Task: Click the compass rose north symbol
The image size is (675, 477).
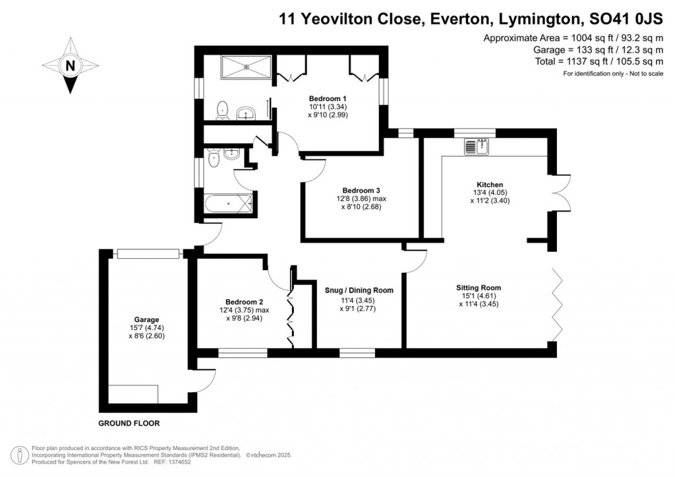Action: [x=69, y=65]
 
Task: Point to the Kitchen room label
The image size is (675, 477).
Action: [x=490, y=184]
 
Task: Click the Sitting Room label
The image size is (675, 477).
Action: [x=479, y=288]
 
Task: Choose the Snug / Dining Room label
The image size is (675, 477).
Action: [x=359, y=291]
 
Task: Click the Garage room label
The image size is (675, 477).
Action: [x=144, y=320]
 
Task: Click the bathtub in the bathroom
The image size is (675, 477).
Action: [x=228, y=204]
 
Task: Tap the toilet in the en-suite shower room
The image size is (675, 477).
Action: [x=223, y=111]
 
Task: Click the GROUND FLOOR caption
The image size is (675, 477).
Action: [x=129, y=424]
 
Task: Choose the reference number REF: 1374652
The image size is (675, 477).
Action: [x=178, y=463]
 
